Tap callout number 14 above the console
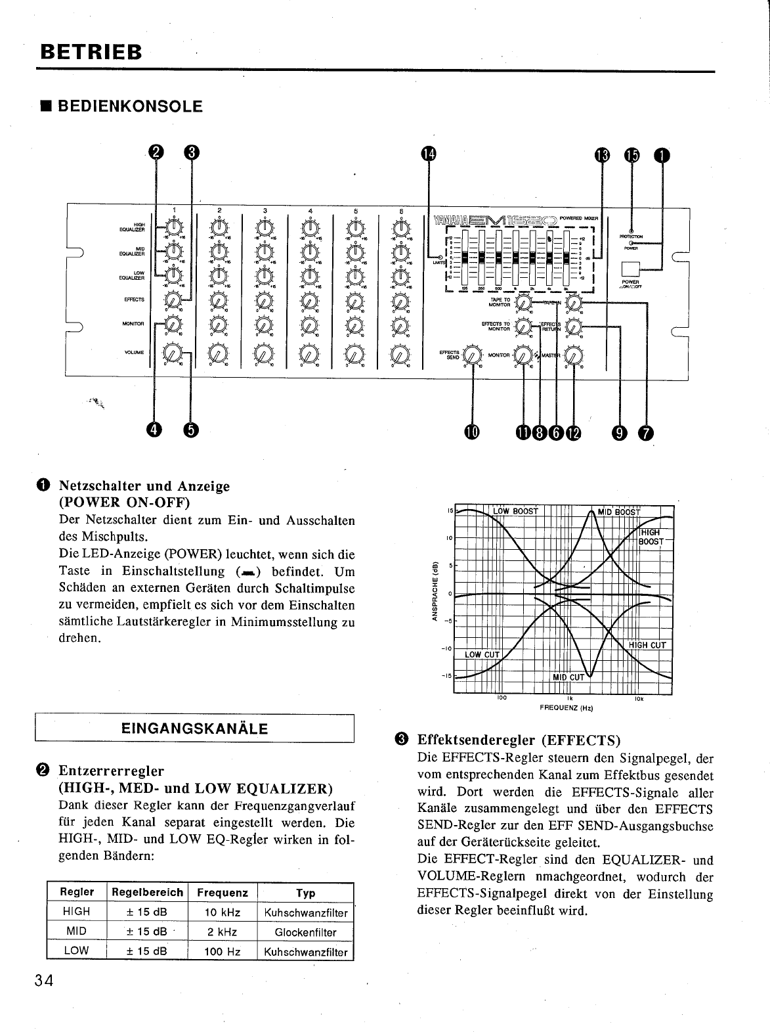[x=428, y=154]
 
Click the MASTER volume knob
[x=573, y=355]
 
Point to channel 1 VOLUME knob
[x=172, y=353]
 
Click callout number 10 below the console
[x=472, y=432]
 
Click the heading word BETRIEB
[x=89, y=52]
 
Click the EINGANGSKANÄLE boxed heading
[x=194, y=729]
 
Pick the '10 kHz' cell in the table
[x=222, y=912]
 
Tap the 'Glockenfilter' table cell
[x=305, y=932]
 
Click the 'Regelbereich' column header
[x=147, y=893]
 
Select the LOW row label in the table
[x=76, y=951]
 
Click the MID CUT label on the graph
[x=568, y=677]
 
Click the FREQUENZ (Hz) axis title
[x=566, y=708]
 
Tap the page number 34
[x=44, y=981]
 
